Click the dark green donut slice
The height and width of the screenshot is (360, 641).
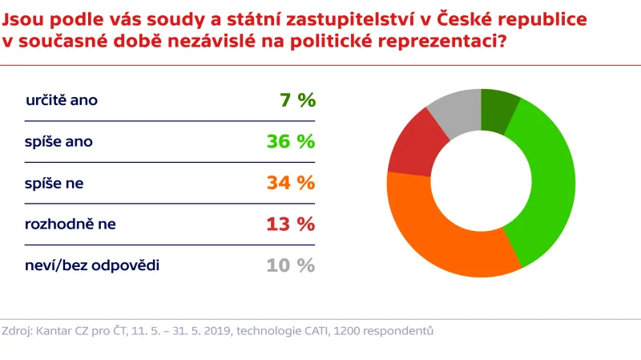(498, 111)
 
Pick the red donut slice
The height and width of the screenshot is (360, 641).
(409, 148)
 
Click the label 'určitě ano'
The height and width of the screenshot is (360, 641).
(62, 101)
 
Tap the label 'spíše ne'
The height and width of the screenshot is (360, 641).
(54, 183)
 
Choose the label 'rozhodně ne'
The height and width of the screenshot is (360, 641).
(71, 224)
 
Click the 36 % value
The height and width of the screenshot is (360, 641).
(291, 142)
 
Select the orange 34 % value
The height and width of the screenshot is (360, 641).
(291, 183)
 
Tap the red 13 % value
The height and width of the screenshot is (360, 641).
(291, 224)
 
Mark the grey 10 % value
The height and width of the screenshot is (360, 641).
(291, 265)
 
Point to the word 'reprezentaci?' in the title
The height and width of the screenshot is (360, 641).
(448, 41)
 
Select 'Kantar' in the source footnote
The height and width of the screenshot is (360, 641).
(57, 330)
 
